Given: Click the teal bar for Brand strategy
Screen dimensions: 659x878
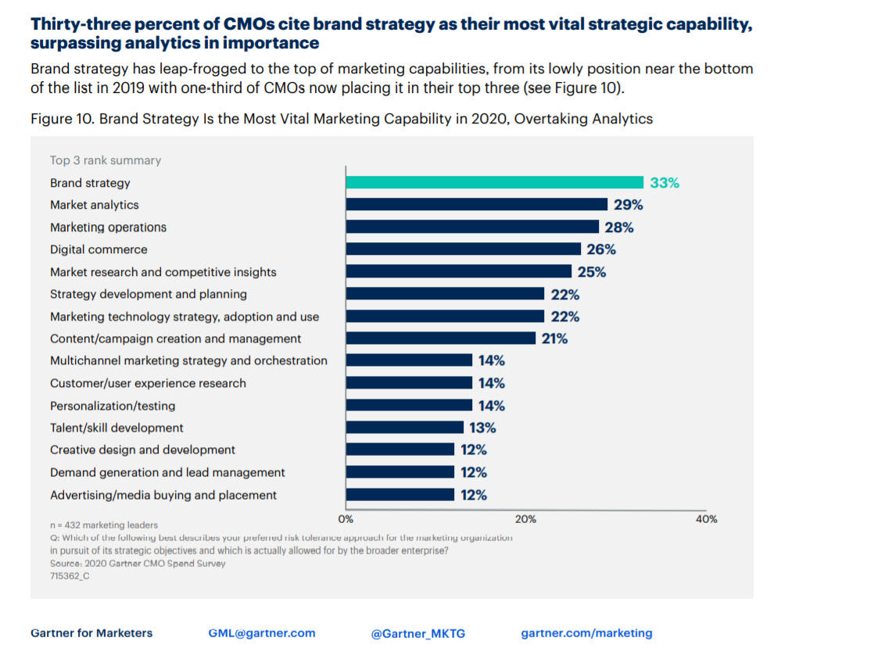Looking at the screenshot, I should tap(494, 182).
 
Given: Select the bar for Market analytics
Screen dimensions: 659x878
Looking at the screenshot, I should tap(476, 204).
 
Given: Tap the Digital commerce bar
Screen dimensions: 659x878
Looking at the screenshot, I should tap(463, 249).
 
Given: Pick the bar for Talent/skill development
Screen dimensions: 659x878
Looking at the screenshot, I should tap(404, 427).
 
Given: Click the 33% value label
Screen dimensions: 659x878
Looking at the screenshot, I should tap(665, 183).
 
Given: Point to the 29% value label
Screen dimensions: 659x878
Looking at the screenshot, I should tap(628, 205).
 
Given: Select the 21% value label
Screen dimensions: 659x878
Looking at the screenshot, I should tap(554, 338).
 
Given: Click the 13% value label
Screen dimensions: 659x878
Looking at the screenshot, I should tap(482, 428).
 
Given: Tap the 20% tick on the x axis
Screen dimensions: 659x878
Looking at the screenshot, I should tap(525, 519).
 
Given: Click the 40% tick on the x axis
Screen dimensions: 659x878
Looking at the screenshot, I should tap(706, 519).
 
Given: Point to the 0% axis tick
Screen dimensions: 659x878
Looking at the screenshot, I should tap(346, 519).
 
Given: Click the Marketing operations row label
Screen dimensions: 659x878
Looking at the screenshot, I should tap(108, 227).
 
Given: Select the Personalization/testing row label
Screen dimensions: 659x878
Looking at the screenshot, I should tap(113, 406).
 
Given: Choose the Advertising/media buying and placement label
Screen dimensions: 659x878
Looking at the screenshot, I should tap(163, 495).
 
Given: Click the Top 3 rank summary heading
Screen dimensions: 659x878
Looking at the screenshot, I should tap(106, 160).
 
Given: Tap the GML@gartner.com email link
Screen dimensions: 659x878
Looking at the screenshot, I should tap(262, 633).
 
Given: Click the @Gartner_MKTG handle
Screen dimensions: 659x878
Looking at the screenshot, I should tap(417, 634).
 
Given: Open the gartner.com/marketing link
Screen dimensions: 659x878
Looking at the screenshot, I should tap(586, 633).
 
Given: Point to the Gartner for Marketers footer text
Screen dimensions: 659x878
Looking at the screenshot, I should tap(91, 633).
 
